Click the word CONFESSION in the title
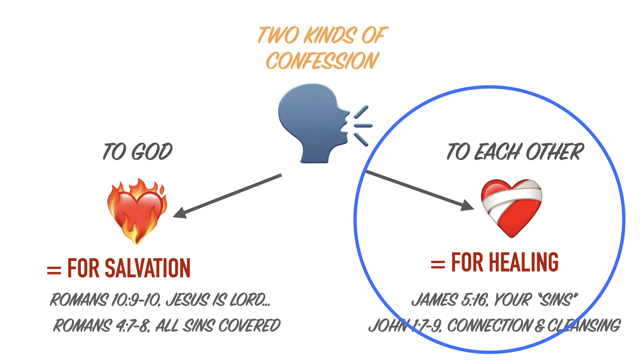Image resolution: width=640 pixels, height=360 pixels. click(x=322, y=61)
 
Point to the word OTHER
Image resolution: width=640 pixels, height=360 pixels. click(x=555, y=152)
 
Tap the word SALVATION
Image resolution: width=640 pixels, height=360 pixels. click(x=147, y=268)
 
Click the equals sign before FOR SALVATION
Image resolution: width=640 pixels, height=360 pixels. click(x=54, y=270)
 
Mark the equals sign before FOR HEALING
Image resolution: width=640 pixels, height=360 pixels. click(x=438, y=265)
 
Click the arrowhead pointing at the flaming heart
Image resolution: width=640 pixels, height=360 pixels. click(x=180, y=213)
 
